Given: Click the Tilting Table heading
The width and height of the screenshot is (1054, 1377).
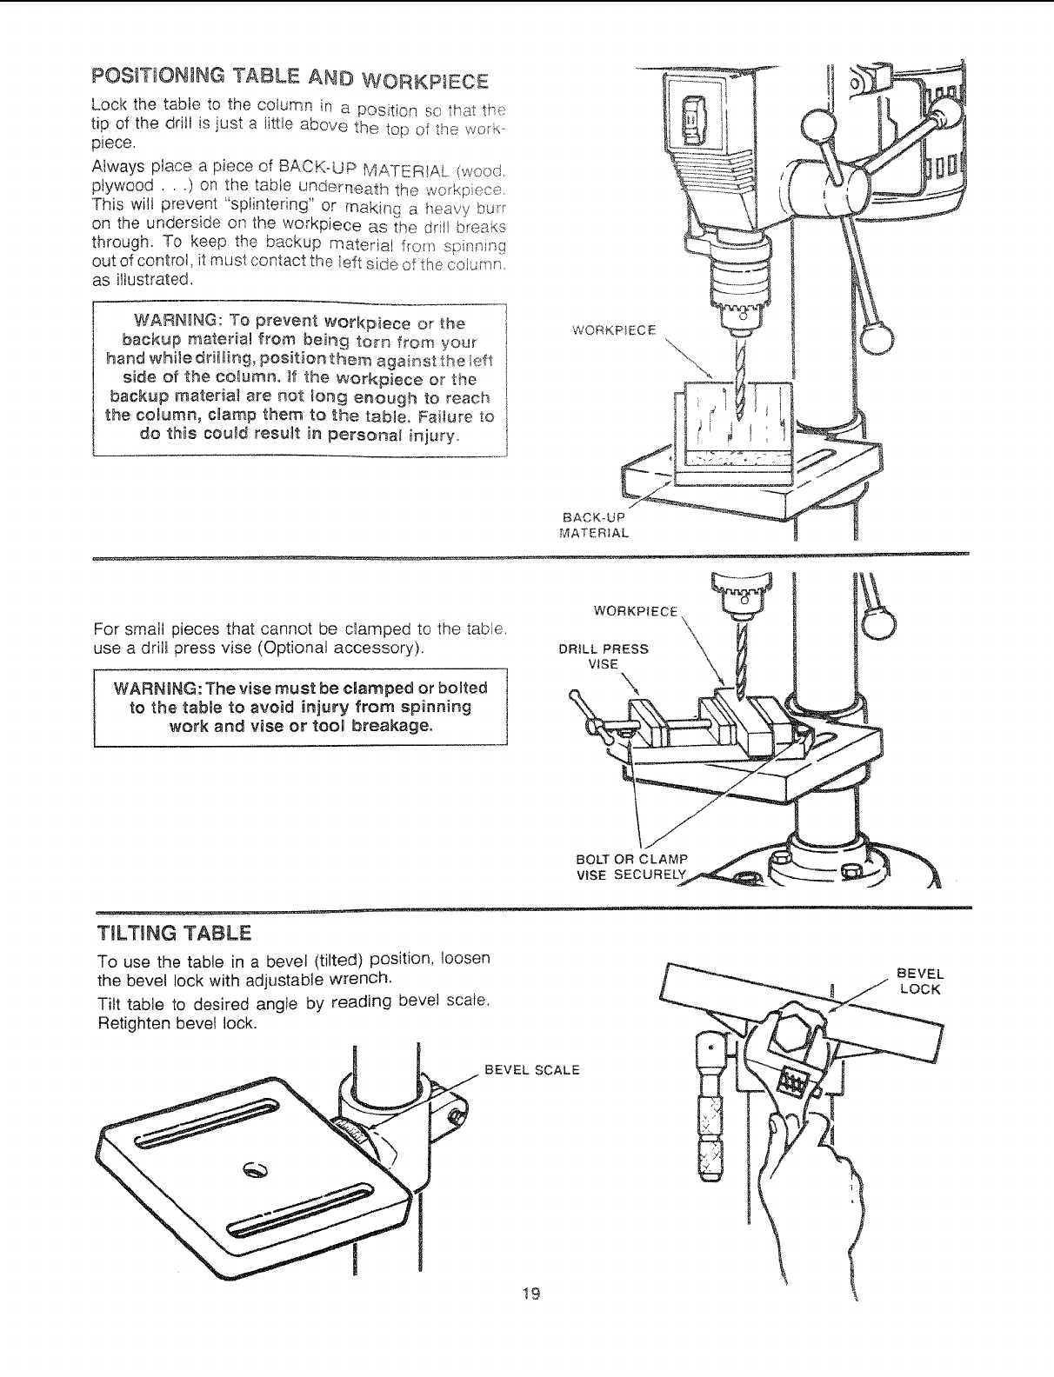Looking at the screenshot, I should [x=175, y=934].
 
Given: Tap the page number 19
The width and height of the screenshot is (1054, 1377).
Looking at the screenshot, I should [x=530, y=1294].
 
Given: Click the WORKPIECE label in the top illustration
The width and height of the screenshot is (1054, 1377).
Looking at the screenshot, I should [x=614, y=330].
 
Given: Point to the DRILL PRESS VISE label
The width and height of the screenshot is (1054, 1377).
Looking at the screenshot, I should [x=603, y=655].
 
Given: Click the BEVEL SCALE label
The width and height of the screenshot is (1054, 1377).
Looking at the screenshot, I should [x=531, y=1069].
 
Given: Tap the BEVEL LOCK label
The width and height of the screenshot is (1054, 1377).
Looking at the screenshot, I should [x=919, y=981].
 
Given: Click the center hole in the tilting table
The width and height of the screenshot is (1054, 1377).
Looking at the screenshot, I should [x=254, y=1167].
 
